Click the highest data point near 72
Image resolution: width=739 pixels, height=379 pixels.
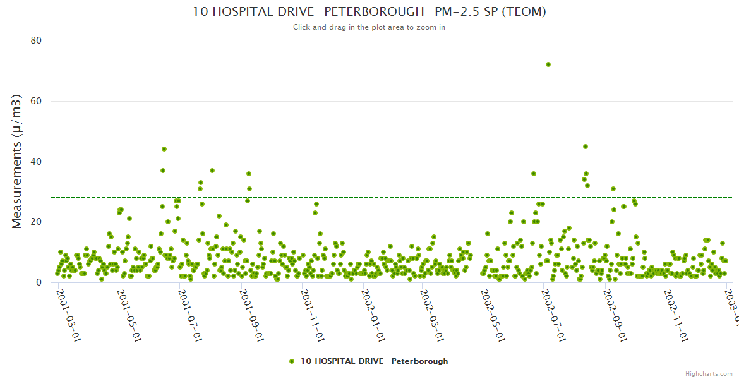click(548, 64)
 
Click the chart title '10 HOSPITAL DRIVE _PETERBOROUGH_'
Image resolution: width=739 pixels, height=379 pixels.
click(369, 12)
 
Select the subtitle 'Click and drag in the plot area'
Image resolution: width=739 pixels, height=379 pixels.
click(369, 27)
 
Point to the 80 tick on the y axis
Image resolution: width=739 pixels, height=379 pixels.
click(36, 40)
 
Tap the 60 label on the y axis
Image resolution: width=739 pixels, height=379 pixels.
click(36, 101)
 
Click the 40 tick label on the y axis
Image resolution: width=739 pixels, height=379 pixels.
click(36, 162)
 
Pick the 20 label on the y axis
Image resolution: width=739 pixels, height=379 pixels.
click(36, 222)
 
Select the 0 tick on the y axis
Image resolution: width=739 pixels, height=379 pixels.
click(39, 283)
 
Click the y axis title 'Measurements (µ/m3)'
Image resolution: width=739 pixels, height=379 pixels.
click(18, 161)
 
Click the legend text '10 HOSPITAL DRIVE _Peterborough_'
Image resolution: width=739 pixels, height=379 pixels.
click(376, 361)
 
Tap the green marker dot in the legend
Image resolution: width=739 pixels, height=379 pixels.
click(292, 361)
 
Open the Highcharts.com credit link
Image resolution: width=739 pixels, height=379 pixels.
click(709, 373)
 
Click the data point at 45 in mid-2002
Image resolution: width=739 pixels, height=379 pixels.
click(586, 147)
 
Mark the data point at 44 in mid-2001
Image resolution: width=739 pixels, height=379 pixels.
click(164, 149)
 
